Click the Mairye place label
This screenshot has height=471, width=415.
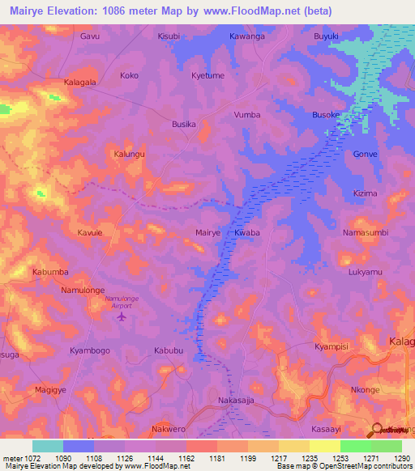(x=208, y=232)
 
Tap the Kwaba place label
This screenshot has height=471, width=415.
(x=246, y=232)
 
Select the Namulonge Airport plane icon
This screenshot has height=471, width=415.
(x=122, y=316)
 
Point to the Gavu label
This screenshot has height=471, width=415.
(x=90, y=36)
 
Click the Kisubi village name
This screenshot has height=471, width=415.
(x=169, y=36)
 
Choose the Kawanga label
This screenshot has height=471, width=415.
(x=247, y=36)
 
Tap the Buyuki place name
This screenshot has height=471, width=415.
(x=327, y=36)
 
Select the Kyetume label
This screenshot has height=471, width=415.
(x=207, y=75)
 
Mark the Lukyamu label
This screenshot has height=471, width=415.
(x=365, y=272)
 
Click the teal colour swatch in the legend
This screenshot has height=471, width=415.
(x=48, y=446)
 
